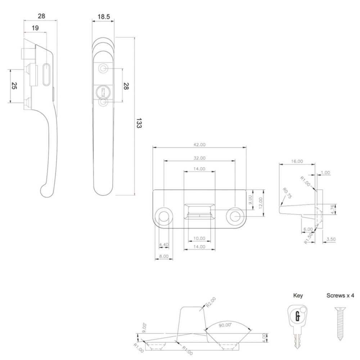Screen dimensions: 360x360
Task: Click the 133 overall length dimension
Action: point(139,123)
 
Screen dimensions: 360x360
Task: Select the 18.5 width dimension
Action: point(104,17)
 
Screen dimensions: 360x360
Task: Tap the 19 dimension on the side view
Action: point(35,28)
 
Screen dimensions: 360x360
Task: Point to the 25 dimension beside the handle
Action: point(14,86)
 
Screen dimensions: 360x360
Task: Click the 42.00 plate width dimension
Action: point(199,145)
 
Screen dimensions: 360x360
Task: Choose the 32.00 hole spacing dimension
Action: point(199,158)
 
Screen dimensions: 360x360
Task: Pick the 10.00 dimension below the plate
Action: point(199,238)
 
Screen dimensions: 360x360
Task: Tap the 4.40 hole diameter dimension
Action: point(164,245)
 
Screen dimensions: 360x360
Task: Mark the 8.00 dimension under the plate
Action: point(164,256)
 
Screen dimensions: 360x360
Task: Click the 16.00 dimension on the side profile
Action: point(297,161)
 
